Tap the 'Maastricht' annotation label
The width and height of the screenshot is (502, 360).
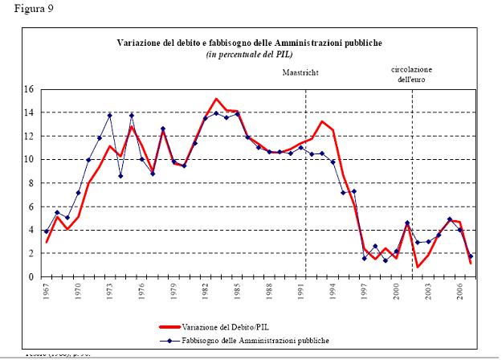[x=300, y=72]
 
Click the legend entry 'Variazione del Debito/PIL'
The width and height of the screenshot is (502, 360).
[x=254, y=328]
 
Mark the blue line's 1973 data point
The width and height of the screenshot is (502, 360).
[x=110, y=116]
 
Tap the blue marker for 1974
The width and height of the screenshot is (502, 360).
[x=120, y=176]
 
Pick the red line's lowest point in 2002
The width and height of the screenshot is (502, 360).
[x=418, y=267]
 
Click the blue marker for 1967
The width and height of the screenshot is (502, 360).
[x=47, y=231]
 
